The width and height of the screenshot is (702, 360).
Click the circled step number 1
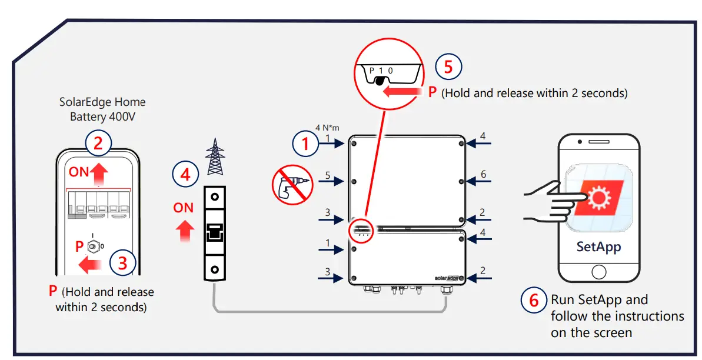[x=305, y=144]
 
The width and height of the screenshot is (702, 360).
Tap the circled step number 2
[x=98, y=143]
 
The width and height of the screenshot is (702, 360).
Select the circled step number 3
[x=122, y=262]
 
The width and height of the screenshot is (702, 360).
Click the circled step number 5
[x=448, y=66]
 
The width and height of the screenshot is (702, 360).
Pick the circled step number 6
[x=534, y=301]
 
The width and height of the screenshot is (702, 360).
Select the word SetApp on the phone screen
[x=598, y=246]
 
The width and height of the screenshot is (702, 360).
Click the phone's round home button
[x=598, y=272]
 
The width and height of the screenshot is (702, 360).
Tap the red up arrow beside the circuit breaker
[x=186, y=230]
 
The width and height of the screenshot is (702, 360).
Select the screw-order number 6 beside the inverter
[x=483, y=175]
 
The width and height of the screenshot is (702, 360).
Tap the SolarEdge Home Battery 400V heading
[x=102, y=109]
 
